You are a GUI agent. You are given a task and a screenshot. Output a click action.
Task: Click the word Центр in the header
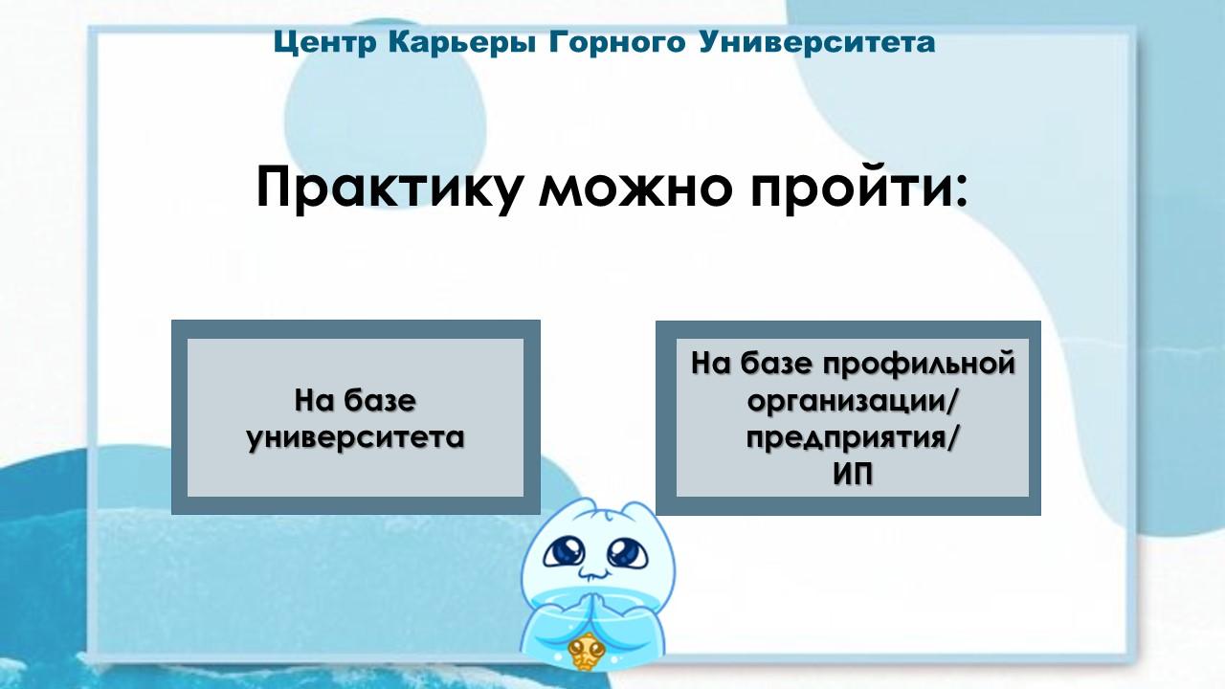tap(325, 43)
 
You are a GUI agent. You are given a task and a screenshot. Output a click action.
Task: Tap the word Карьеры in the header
tap(462, 43)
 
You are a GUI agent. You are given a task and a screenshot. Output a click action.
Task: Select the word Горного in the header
tap(617, 42)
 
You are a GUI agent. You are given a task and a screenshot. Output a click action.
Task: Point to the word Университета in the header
tap(817, 42)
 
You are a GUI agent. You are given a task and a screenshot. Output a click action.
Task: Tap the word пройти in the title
tap(842, 188)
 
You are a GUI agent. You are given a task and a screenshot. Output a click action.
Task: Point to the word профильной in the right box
tap(919, 365)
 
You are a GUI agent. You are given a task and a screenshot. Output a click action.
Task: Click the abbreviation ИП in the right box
tap(853, 475)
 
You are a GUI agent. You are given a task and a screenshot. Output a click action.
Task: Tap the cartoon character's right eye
tap(627, 552)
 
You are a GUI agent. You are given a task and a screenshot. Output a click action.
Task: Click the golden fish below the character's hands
tap(587, 650)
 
